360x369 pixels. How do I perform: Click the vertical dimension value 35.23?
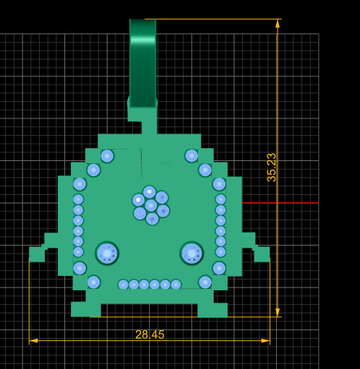click(x=272, y=167)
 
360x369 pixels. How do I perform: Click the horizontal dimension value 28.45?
click(x=150, y=334)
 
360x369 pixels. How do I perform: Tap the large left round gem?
click(x=107, y=253)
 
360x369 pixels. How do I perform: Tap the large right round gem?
click(x=192, y=253)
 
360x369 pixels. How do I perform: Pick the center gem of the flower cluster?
click(x=150, y=205)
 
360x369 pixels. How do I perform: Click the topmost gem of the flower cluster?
click(x=150, y=192)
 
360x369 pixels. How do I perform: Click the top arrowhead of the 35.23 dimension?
click(x=277, y=24)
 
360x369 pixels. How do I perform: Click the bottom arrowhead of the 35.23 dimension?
click(x=277, y=312)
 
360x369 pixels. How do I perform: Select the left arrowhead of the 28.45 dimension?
click(x=33, y=340)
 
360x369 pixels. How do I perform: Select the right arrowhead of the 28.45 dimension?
click(x=265, y=340)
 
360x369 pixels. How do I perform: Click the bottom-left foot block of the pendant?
click(x=85, y=309)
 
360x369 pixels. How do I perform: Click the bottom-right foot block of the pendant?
click(x=213, y=309)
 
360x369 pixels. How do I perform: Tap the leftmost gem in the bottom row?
click(x=123, y=285)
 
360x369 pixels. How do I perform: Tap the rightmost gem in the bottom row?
click(x=176, y=285)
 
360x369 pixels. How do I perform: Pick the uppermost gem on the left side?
click(x=107, y=156)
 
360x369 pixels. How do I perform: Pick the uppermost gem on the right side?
click(x=192, y=156)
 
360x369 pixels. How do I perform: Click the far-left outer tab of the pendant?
click(x=36, y=253)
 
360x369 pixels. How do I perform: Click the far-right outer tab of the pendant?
click(x=262, y=253)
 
